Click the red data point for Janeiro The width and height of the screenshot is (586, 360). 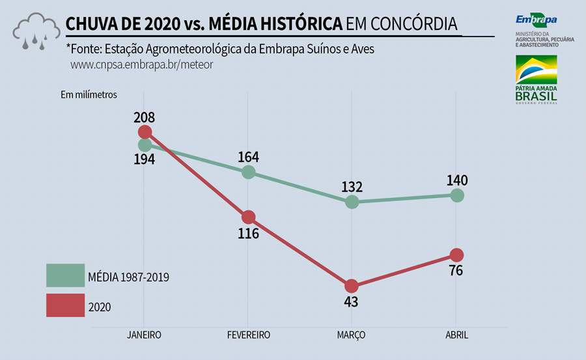click(145, 132)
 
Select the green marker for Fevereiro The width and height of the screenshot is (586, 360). click(248, 172)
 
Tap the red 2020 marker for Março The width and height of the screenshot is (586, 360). click(352, 286)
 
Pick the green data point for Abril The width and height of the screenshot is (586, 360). click(456, 195)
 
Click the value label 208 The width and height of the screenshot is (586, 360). click(145, 118)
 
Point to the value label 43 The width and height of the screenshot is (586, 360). click(352, 302)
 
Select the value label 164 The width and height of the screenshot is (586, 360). click(248, 157)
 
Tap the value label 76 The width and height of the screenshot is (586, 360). click(456, 270)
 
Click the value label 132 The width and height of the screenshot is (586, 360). click(352, 187)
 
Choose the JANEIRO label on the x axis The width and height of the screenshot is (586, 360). click(145, 335)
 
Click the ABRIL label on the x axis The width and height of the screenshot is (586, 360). click(456, 335)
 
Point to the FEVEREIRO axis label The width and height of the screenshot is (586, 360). click(248, 335)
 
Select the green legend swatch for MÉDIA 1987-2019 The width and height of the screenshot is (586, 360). click(65, 275)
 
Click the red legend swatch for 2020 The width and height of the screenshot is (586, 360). click(65, 305)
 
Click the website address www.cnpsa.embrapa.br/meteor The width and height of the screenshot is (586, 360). click(141, 65)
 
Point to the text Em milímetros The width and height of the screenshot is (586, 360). click(89, 94)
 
